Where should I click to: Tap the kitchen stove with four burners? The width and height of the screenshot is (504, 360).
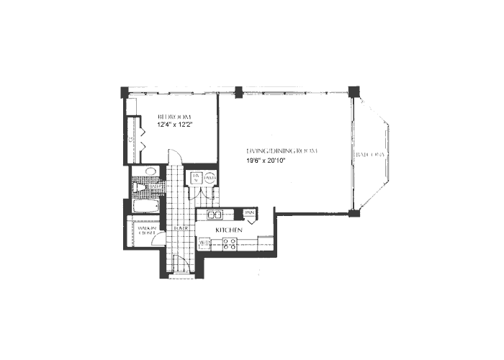tap(229, 244)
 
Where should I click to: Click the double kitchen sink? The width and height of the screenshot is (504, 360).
tap(215, 215)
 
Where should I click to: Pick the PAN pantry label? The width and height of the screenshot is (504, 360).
tap(250, 213)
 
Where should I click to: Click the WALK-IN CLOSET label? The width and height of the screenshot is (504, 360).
tap(147, 230)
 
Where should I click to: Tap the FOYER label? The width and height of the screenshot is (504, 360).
tap(179, 229)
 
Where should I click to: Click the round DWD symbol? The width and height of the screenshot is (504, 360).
tap(210, 180)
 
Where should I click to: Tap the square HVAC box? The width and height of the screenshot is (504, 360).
tap(196, 179)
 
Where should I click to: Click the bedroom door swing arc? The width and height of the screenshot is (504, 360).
tap(175, 156)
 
